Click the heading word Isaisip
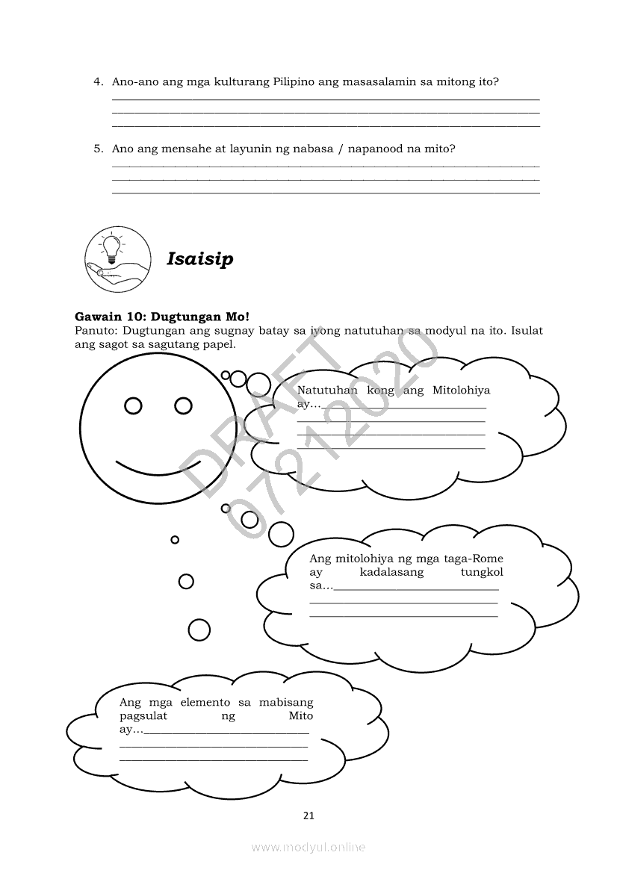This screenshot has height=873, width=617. coord(199,259)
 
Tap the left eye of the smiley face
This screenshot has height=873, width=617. coord(133,406)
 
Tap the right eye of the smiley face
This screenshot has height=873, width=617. coord(183,406)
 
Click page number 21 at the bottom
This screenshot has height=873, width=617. coord(308,815)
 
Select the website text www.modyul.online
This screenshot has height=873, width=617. coord(308,847)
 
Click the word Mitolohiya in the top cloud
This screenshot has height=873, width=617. coord(461,391)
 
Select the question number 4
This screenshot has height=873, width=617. coord(98,82)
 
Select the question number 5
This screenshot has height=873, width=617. coord(98,149)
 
